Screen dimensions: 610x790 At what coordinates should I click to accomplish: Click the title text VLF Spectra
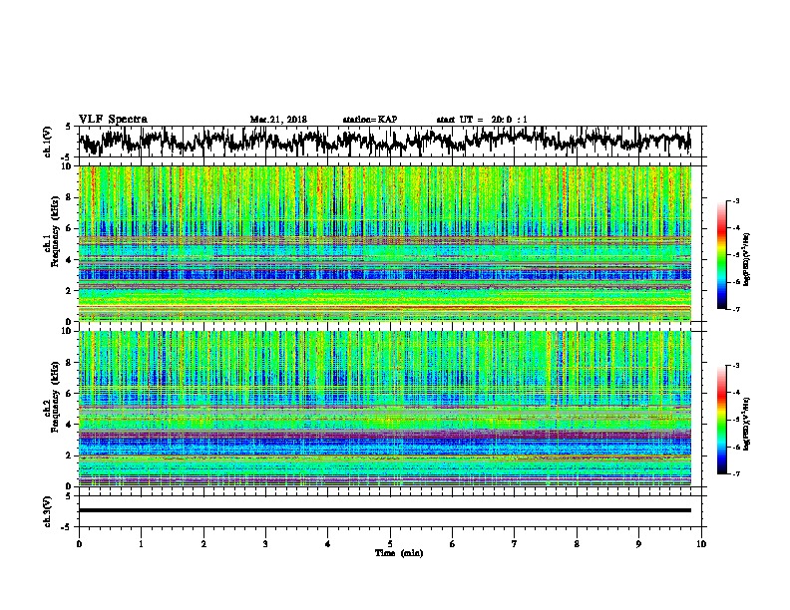pos(113,119)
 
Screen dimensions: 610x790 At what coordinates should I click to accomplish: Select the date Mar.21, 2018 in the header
pos(278,120)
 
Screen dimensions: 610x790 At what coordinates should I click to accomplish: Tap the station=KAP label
pos(369,120)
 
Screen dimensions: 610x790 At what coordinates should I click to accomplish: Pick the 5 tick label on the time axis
pos(390,542)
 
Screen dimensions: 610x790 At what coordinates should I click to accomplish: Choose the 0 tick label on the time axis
pos(79,542)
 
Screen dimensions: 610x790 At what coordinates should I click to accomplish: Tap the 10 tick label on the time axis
pos(701,542)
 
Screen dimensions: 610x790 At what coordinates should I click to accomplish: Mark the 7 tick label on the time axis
pos(515,542)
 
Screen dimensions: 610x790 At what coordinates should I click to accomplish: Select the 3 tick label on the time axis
pos(265,542)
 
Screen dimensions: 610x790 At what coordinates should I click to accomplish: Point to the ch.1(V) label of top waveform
pos(49,142)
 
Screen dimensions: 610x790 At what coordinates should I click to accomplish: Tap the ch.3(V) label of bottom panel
pos(49,510)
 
